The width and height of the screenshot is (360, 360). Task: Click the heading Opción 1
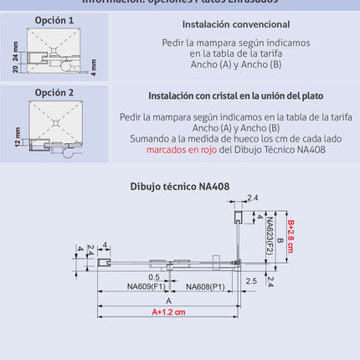point(54,19)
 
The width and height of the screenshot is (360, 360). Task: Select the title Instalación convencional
point(236,25)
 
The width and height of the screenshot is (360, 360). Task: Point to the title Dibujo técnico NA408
point(180,187)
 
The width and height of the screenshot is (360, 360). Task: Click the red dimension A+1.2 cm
point(168,312)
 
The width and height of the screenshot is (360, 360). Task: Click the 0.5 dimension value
point(154,276)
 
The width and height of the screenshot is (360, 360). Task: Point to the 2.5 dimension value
point(251,281)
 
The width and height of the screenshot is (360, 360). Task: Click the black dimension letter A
point(168,300)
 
